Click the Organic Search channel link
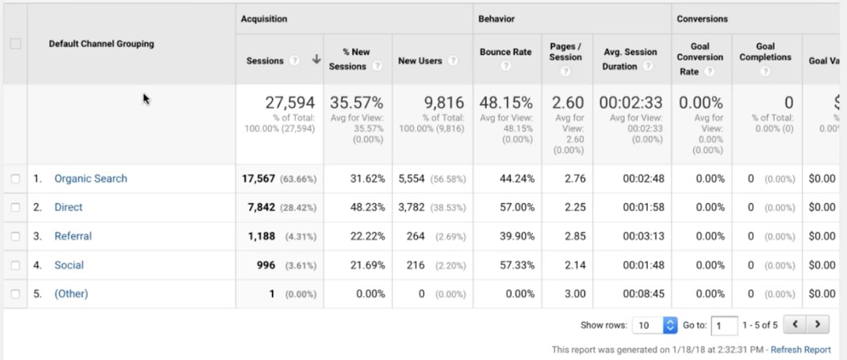(x=90, y=178)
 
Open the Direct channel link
(x=68, y=207)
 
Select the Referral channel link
(x=73, y=236)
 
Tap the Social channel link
(x=69, y=265)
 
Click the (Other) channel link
(x=71, y=293)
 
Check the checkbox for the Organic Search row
(x=15, y=178)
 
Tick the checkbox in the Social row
(x=15, y=265)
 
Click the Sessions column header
(x=265, y=60)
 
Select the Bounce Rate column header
(x=505, y=52)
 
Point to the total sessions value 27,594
(x=289, y=103)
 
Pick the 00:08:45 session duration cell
(x=643, y=293)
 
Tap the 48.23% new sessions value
(x=367, y=207)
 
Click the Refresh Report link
(x=800, y=350)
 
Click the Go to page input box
(x=724, y=325)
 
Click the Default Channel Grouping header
(x=102, y=44)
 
